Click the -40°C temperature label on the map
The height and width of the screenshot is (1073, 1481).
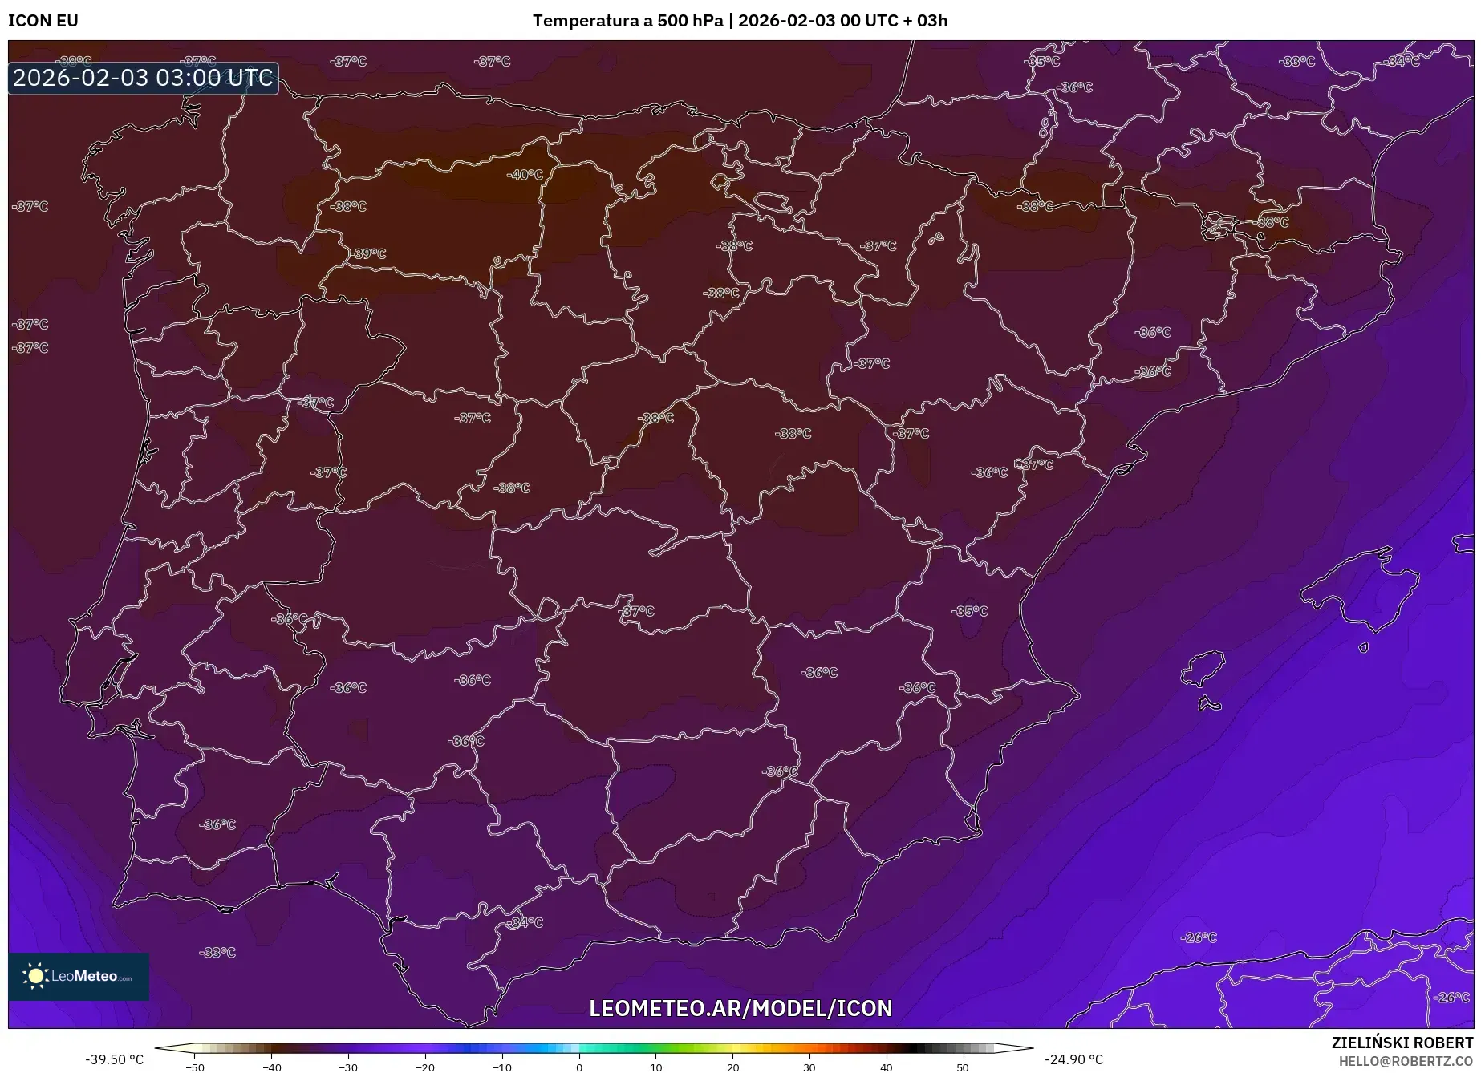525,175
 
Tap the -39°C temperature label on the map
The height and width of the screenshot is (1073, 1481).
368,253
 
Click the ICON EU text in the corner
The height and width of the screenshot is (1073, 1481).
43,21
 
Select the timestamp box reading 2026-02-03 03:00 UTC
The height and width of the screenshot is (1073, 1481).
143,79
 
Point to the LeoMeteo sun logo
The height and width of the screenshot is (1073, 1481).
35,976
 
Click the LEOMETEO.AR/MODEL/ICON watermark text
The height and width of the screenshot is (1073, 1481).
740,1008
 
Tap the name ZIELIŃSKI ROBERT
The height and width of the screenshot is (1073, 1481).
1402,1043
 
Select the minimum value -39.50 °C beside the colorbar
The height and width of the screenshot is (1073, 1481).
114,1060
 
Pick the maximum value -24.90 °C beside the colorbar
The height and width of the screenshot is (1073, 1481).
1073,1060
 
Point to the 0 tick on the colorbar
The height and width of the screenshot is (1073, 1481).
579,1067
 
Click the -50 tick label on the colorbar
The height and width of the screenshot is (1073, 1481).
194,1067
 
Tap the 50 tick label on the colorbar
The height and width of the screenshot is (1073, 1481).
963,1067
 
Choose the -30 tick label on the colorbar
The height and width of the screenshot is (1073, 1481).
347,1067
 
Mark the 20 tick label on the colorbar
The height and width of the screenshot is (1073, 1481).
732,1067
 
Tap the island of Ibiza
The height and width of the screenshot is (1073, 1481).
1206,667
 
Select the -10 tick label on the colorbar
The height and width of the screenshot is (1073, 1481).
501,1067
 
